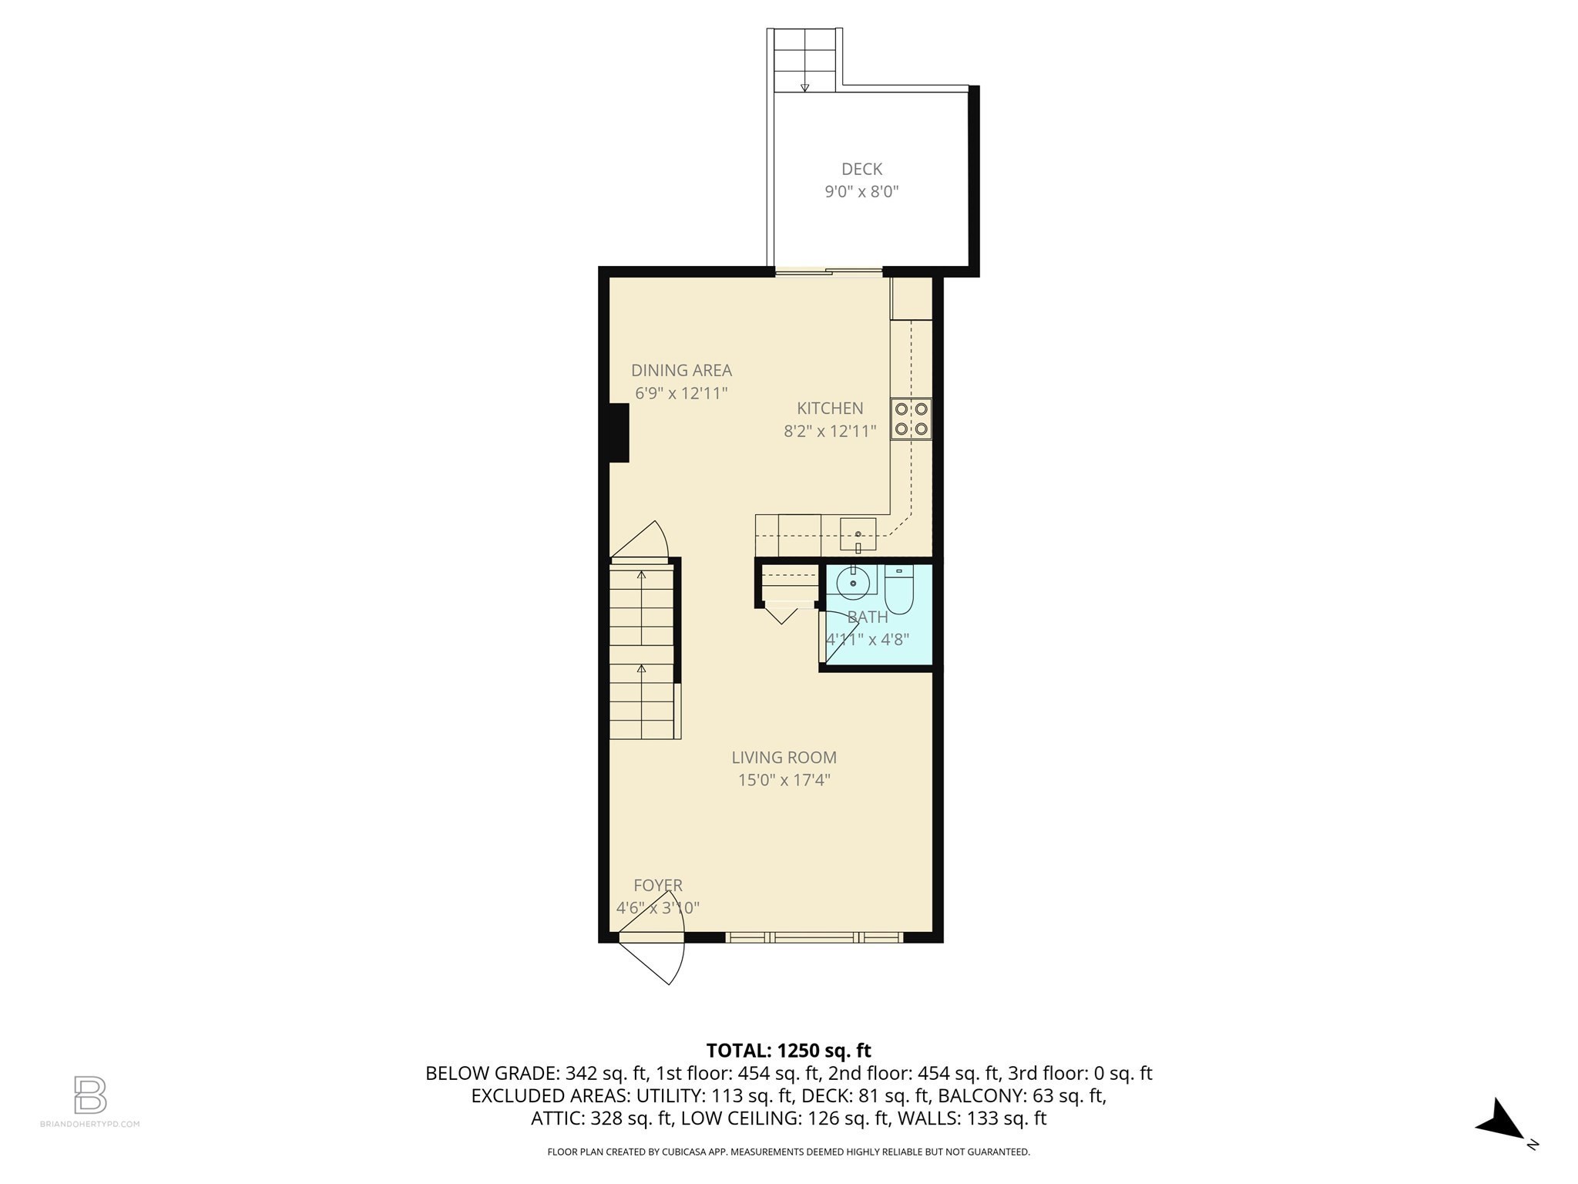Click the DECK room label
pos(861,169)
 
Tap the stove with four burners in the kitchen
pos(911,419)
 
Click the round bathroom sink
pos(853,584)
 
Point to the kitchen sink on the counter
pos(858,533)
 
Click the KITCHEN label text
pos(830,409)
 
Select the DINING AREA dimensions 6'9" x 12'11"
pos(681,393)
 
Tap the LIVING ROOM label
pos(784,758)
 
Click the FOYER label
pos(658,886)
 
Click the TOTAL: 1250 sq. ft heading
pos(788,1051)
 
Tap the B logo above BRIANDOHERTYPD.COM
pos(90,1095)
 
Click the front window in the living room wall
pos(814,937)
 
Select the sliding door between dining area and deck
pos(828,271)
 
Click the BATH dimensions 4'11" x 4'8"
pos(868,639)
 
